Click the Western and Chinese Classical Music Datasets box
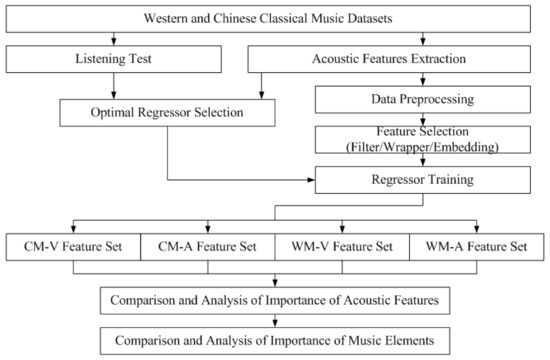(x=275, y=18)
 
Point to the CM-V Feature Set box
(x=71, y=246)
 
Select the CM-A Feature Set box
(x=206, y=246)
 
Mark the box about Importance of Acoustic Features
(x=275, y=299)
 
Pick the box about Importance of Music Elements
(x=275, y=341)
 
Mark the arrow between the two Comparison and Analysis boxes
(x=275, y=320)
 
